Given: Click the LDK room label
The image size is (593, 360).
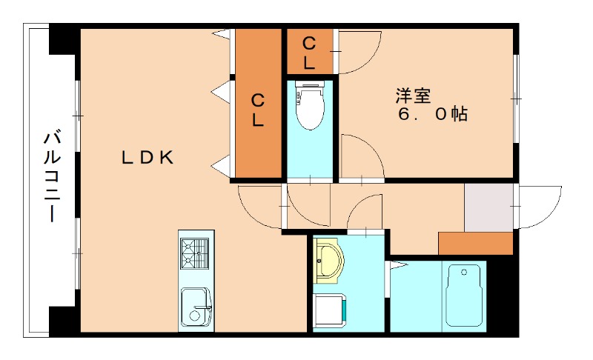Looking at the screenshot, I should pyautogui.click(x=148, y=157).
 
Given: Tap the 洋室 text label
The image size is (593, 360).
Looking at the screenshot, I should pyautogui.click(x=413, y=96).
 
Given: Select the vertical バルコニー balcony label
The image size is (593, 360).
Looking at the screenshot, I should pyautogui.click(x=52, y=176).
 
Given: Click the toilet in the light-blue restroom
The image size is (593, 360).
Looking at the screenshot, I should pyautogui.click(x=309, y=104).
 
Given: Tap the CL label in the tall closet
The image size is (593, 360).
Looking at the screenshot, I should pyautogui.click(x=258, y=110).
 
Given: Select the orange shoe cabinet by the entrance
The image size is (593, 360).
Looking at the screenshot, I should pyautogui.click(x=476, y=243).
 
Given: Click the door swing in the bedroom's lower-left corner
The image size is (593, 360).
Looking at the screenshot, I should pyautogui.click(x=360, y=159).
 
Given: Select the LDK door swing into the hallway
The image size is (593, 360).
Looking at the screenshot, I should pyautogui.click(x=259, y=206).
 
